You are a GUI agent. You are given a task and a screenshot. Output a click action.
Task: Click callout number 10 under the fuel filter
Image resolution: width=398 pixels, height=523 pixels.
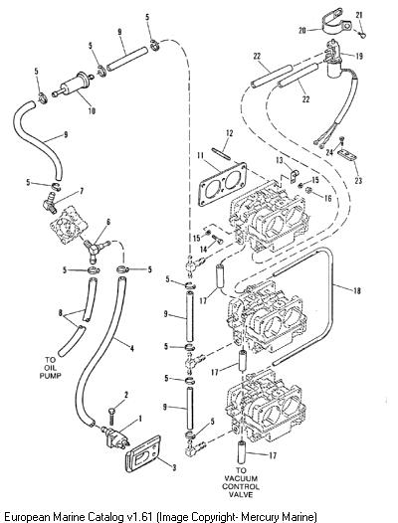coord(92,110)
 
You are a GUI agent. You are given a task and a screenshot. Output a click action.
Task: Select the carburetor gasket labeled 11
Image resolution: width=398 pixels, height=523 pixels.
coord(222,184)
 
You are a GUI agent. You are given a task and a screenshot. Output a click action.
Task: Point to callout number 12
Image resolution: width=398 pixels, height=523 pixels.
coord(230,133)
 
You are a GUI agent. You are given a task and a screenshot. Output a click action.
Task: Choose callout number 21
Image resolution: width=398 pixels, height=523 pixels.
coord(359,15)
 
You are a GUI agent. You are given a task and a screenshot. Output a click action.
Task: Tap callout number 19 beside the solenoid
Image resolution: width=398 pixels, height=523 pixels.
coord(359,56)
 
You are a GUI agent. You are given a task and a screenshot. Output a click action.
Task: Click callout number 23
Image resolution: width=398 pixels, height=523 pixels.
coord(358,181)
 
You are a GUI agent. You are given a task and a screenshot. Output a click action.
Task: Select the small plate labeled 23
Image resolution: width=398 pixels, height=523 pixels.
coord(347,156)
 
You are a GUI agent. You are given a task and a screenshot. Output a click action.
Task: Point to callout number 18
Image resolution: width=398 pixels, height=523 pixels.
coord(357,291)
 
